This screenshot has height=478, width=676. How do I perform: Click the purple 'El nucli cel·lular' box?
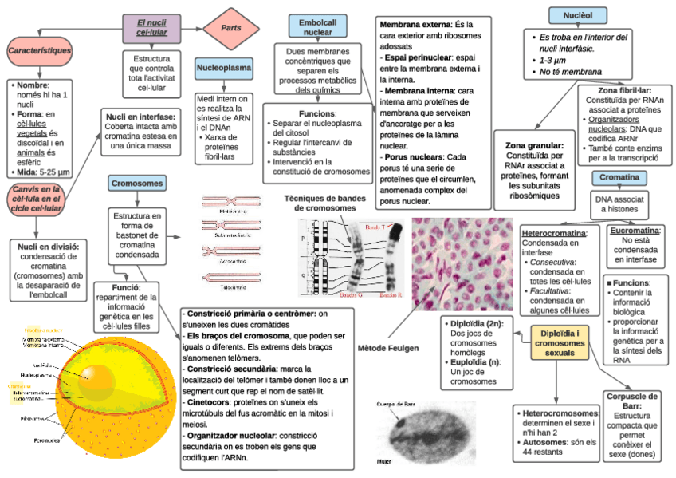click(x=151, y=29)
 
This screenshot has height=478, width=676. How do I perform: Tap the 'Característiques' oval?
click(x=39, y=51)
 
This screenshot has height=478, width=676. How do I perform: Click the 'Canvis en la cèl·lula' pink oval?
click(x=36, y=198)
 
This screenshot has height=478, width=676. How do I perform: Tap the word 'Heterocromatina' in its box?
click(x=553, y=233)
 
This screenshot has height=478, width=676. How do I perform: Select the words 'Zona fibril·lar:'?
click(x=618, y=91)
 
